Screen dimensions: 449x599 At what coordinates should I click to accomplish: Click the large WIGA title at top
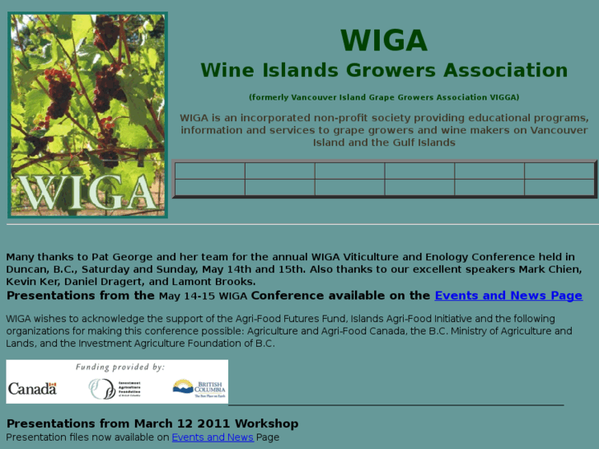(x=384, y=40)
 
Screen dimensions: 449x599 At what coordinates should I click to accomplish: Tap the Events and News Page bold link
(x=508, y=296)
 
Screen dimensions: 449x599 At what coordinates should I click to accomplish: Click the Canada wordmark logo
(x=32, y=388)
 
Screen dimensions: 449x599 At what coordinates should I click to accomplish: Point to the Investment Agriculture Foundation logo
(x=115, y=388)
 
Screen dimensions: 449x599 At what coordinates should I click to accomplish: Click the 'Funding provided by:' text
(x=119, y=367)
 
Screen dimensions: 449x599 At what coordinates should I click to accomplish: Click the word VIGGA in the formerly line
(x=498, y=97)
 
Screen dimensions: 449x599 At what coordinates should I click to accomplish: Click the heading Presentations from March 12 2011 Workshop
(x=152, y=423)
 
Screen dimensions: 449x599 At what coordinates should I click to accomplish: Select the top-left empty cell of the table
(x=210, y=171)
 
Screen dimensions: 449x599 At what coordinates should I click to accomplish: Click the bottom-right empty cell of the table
(x=559, y=188)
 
